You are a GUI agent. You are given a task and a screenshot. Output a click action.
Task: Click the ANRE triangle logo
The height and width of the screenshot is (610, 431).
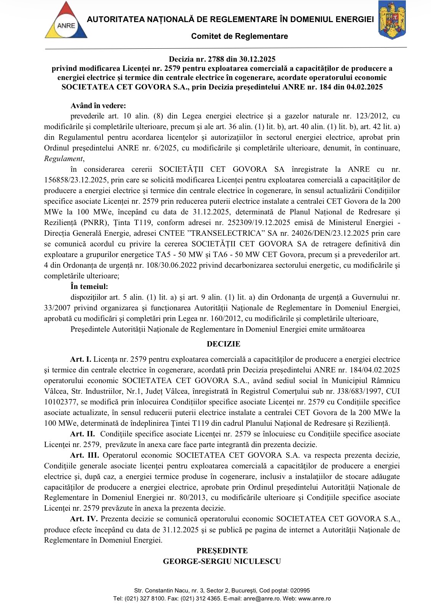pos(66,21)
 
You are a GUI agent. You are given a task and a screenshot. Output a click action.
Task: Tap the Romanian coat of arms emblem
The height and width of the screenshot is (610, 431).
pos(391,20)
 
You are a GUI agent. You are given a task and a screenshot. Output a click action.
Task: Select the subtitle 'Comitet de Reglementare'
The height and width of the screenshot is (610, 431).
pos(239,36)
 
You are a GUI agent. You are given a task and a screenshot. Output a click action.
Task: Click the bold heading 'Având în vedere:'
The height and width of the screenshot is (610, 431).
pos(98,106)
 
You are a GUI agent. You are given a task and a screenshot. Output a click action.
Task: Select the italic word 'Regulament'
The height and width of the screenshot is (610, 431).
pos(63,159)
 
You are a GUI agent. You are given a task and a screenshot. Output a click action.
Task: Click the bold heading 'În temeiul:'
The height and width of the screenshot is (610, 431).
pos(89,287)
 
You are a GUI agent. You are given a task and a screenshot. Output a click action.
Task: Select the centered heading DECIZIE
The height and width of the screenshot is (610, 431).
pos(223,344)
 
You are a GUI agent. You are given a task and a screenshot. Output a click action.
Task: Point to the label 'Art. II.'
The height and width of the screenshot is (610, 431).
pos(82,434)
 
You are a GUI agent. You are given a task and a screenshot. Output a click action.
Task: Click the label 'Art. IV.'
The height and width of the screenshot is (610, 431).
pos(84,519)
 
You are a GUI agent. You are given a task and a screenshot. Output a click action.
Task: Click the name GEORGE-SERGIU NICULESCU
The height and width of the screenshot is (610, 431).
pos(222,562)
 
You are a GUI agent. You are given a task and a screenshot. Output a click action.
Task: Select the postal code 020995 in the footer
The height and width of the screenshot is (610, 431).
pos(300,591)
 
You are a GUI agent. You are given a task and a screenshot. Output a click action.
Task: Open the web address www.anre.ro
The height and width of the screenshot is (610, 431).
pos(314,599)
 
